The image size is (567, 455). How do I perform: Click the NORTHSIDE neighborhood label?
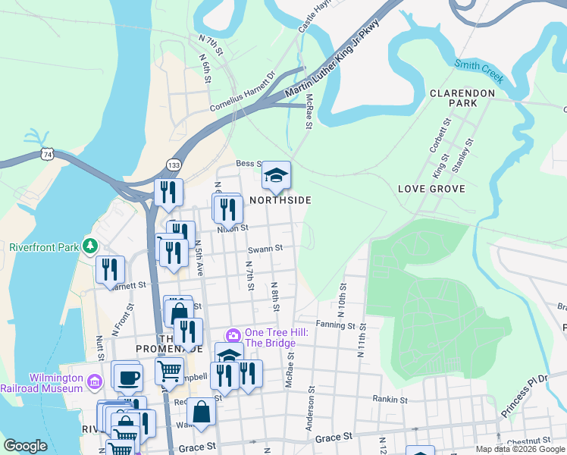click(x=280, y=200)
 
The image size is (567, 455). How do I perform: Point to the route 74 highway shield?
click(x=48, y=154)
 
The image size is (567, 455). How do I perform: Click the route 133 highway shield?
click(x=174, y=165)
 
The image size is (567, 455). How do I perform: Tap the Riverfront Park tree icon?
click(x=90, y=246)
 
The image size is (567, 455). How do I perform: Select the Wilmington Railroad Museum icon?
click(x=94, y=379)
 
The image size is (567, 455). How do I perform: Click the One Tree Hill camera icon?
click(x=233, y=334)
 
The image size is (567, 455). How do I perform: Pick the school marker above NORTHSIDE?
click(x=276, y=176)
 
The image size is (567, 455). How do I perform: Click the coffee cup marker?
click(x=127, y=376)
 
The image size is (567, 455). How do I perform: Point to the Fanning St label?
click(x=336, y=325)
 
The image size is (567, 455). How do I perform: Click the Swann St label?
click(x=265, y=248)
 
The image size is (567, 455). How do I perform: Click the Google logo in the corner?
click(x=25, y=446)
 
